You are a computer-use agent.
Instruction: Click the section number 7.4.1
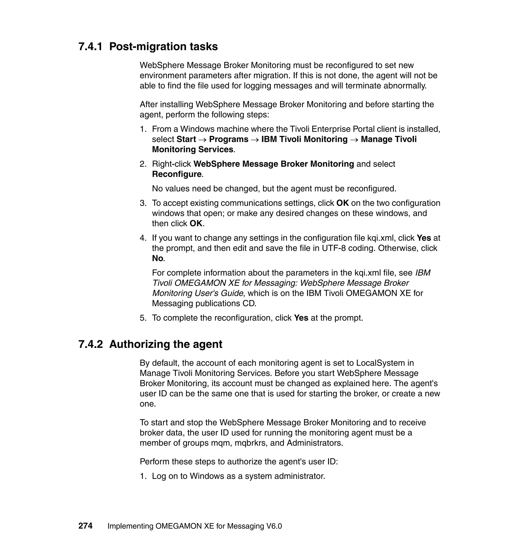point(91,46)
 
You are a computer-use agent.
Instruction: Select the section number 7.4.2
point(91,344)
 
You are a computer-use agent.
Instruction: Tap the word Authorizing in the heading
point(140,344)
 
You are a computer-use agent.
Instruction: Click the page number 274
point(85,526)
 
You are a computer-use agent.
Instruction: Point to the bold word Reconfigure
point(177,174)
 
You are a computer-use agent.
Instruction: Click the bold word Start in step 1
point(186,139)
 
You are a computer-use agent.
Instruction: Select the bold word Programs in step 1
point(228,139)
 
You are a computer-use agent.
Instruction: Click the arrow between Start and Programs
point(202,140)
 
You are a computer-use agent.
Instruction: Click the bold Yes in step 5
point(301,318)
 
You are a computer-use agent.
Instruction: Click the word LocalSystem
point(381,363)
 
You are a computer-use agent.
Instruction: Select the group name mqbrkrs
point(251,443)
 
